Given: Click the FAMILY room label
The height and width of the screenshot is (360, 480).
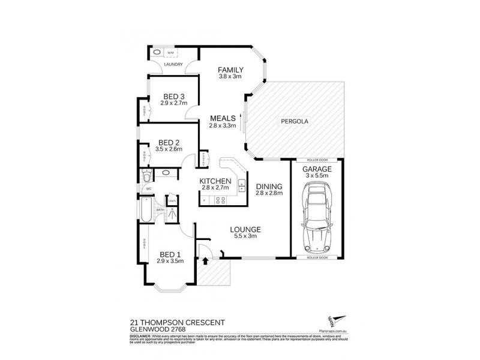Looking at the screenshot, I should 230,69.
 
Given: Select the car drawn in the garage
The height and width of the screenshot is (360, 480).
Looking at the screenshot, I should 316,219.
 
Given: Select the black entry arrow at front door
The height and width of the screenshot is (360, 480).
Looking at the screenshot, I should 206,260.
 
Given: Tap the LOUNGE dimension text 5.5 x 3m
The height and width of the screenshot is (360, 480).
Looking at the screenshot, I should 244,236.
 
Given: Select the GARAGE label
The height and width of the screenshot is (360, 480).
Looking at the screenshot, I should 316,170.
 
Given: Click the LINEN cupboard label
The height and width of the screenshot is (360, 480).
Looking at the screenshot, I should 172,201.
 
